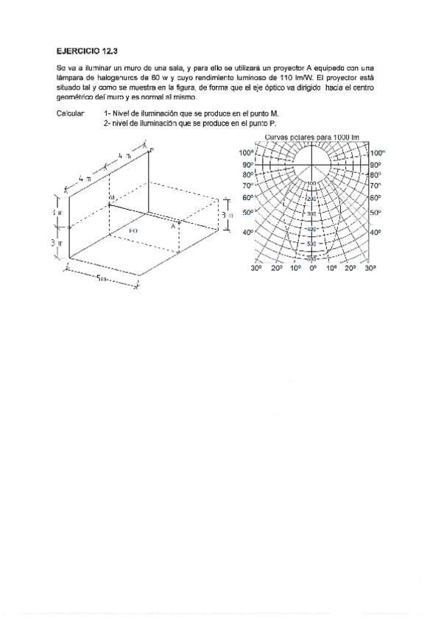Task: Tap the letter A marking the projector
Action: pyautogui.click(x=173, y=227)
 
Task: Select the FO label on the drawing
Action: pyautogui.click(x=133, y=231)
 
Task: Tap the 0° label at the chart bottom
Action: pyautogui.click(x=313, y=269)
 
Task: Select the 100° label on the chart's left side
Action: pyautogui.click(x=247, y=152)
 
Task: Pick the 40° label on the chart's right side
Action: pyautogui.click(x=375, y=232)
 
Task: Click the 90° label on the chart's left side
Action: pyautogui.click(x=248, y=165)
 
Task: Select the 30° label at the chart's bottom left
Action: pyautogui.click(x=256, y=269)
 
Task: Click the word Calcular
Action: pyautogui.click(x=71, y=113)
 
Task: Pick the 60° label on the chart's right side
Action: pyautogui.click(x=375, y=197)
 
